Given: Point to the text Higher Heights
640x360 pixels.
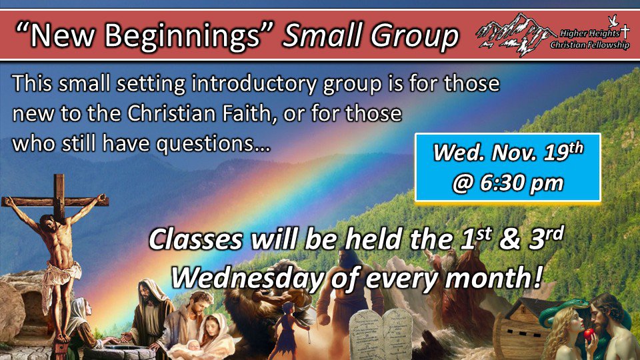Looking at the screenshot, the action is click(589, 33).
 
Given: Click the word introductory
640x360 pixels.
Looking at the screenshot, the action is click(254, 84).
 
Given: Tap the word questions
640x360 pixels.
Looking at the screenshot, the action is click(213, 144).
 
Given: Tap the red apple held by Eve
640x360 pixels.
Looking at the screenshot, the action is click(589, 335).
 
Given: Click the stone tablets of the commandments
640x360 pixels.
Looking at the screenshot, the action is click(381, 335).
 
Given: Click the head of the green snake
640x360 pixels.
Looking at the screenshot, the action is click(581, 303).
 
